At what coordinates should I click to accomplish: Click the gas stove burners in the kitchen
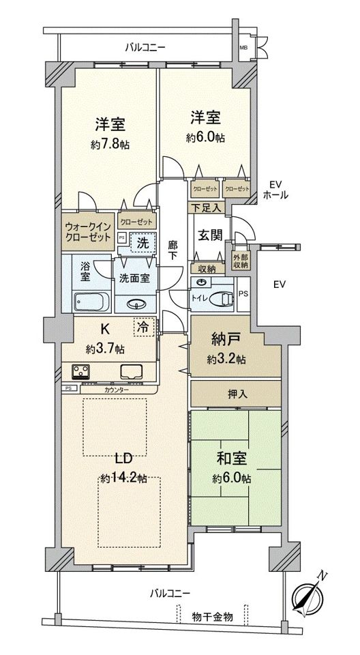83,372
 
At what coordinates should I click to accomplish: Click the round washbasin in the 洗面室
136,304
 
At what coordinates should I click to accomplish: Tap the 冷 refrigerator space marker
145,327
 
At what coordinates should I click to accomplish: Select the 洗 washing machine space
141,241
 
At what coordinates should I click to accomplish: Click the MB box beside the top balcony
243,48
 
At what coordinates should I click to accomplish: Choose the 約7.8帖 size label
110,145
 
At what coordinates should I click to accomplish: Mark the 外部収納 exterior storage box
241,262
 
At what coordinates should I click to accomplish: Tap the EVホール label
276,190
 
